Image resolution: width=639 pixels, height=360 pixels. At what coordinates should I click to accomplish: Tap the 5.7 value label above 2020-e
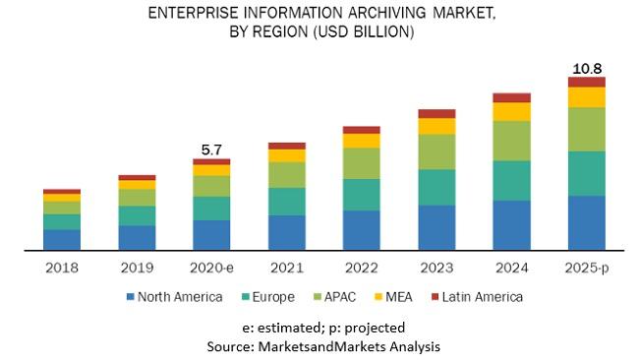click(211, 150)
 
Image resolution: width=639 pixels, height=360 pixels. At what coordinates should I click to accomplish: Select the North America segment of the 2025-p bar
click(586, 222)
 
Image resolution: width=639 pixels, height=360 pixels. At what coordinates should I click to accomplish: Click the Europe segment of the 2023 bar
click(436, 187)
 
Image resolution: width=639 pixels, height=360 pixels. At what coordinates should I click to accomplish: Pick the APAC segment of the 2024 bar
click(511, 141)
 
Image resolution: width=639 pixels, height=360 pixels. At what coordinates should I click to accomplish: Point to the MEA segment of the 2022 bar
click(361, 141)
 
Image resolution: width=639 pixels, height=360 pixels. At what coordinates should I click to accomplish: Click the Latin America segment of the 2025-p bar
click(586, 82)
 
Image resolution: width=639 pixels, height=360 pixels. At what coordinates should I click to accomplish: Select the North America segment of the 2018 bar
click(62, 240)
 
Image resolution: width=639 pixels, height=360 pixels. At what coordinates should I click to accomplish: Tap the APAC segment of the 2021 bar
click(286, 174)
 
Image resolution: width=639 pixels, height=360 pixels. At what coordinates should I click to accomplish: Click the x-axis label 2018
click(62, 266)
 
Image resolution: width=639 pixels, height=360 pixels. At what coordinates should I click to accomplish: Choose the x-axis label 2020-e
click(211, 266)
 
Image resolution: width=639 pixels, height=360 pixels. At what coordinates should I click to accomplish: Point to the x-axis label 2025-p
click(586, 266)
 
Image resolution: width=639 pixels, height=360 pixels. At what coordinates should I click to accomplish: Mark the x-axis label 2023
click(436, 266)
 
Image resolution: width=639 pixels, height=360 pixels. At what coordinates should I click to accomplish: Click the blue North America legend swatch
click(130, 296)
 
